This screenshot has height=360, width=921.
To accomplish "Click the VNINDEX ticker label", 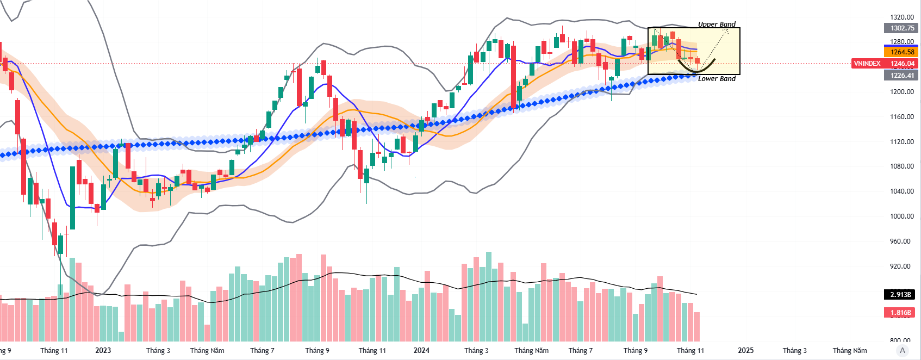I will coord(867,64).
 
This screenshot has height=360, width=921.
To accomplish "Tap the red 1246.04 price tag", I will coord(902,64).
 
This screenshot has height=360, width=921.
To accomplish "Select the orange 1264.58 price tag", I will coord(902,52).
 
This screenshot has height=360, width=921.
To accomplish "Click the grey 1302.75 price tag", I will coord(902,28).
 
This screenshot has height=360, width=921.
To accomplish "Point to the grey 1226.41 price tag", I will coord(902,76).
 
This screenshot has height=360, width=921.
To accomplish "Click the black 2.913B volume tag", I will coord(900,294).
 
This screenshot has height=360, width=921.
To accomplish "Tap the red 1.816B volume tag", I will coord(900,313).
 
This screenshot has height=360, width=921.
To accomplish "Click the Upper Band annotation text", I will coord(717,24).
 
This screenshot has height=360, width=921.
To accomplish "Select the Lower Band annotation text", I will coord(717,79).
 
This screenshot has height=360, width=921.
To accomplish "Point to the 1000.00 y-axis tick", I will coord(901,216).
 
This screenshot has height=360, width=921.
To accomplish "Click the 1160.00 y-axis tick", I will coord(901,117).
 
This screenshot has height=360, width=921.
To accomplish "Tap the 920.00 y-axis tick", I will coord(901,266).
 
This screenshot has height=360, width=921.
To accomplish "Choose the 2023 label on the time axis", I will coord(103,351).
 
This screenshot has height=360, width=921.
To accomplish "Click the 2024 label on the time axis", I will coord(421,351).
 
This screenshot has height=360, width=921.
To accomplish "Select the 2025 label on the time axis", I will coord(745,351).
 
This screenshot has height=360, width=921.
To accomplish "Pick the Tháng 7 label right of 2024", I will coord(580,351).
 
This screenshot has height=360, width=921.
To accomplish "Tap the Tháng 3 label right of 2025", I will coord(794,351).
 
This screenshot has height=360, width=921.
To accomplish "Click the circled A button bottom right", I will coord(903,350).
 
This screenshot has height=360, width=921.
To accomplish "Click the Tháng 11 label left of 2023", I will coord(54,351).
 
